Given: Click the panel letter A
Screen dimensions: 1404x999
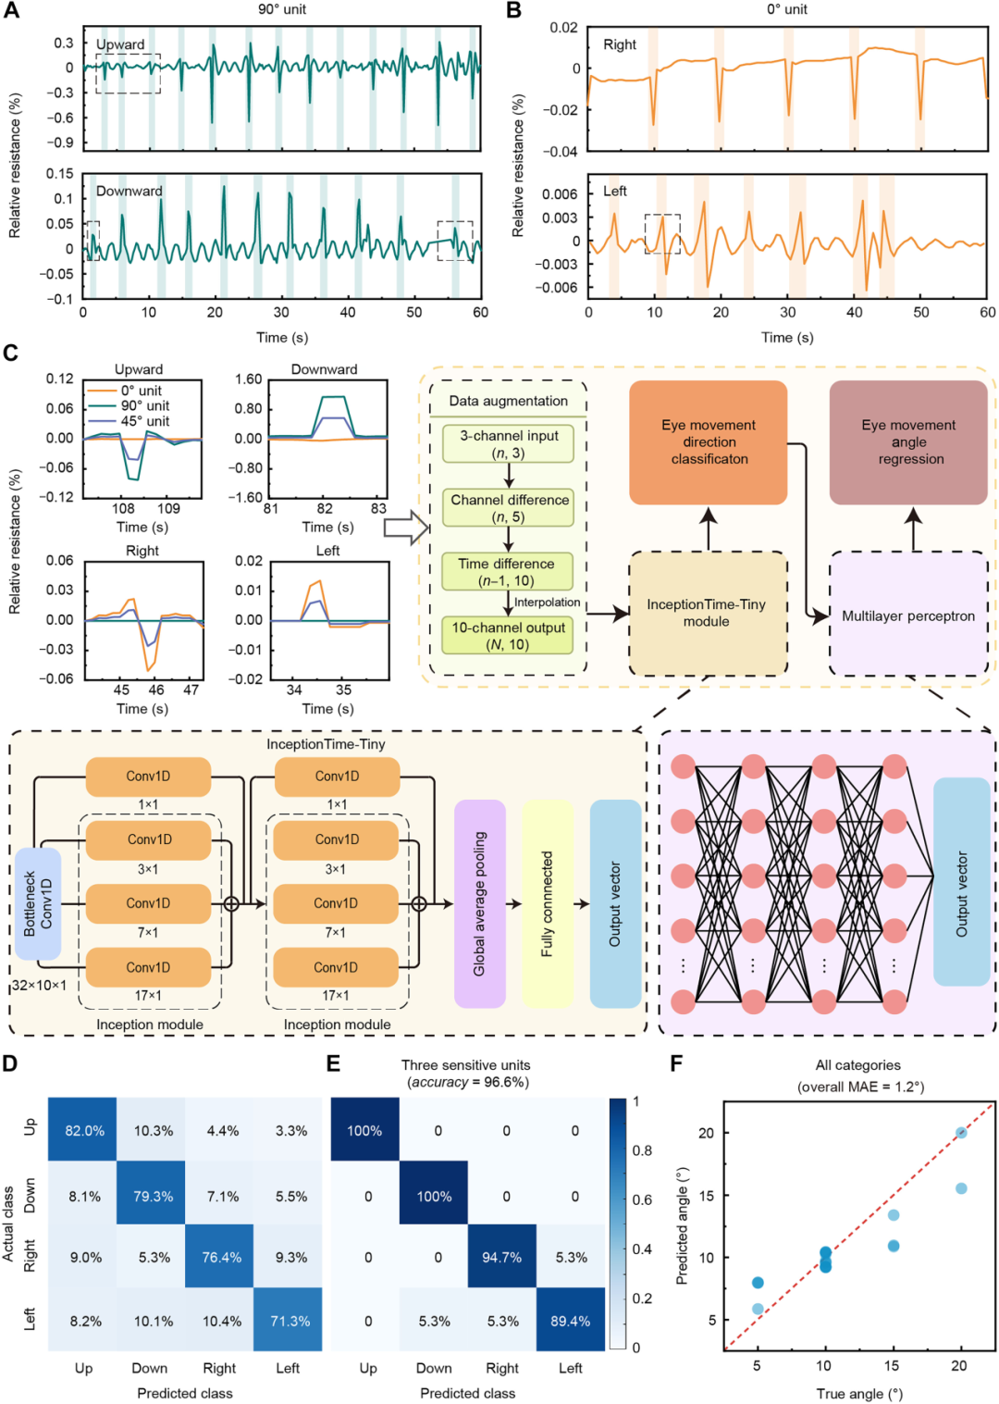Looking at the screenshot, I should coord(11,10).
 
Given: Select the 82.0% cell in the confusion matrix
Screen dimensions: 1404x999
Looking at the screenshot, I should coord(83,1131).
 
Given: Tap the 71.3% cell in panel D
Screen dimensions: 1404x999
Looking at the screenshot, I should coord(290,1321).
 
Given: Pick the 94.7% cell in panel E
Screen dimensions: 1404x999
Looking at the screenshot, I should coord(501,1258).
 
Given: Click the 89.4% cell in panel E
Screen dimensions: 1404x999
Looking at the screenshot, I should coord(570,1321).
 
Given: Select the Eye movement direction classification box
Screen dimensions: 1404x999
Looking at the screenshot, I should coord(709,442).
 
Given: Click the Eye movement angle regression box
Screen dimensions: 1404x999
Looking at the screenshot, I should coord(908,442).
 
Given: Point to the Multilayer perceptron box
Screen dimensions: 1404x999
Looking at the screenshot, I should coord(908,615).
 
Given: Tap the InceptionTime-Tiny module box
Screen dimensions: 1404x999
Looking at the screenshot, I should coord(708,613).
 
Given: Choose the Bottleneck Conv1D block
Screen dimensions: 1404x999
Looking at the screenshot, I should coord(38,903).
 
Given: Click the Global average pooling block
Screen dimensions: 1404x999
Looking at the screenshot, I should coord(479,903).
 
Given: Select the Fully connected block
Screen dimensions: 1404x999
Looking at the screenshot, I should coord(547,903).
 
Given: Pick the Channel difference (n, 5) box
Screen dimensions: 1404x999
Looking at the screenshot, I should coord(508,508).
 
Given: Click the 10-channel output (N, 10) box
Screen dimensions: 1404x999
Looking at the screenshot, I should coord(508,636).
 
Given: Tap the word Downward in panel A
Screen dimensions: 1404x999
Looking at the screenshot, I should coord(129,191).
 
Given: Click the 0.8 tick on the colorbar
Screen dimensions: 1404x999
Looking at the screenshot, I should coord(642,1150).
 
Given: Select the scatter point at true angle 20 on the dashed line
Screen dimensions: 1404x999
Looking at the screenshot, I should coord(961,1133).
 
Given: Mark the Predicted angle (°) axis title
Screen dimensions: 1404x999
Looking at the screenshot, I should coord(682,1226).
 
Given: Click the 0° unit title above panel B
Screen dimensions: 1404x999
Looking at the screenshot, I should coord(786,9).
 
